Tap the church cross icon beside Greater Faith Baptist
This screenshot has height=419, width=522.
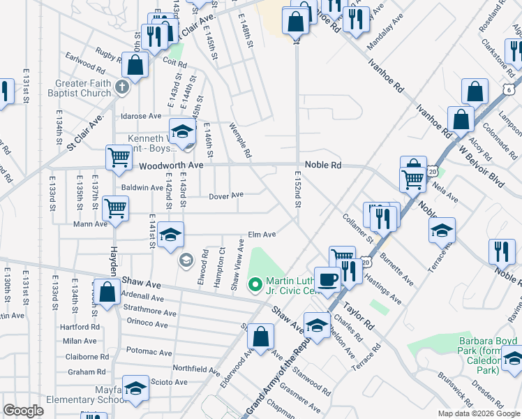coord(122,87)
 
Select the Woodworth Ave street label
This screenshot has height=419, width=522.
coord(170,166)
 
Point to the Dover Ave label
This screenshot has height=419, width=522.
coord(226,196)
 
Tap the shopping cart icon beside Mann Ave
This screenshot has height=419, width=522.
coord(115,207)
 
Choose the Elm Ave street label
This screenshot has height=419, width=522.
coord(262,235)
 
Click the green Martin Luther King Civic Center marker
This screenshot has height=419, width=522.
coord(255,284)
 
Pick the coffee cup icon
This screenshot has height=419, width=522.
coord(327,279)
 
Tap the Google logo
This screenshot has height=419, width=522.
coord(23,411)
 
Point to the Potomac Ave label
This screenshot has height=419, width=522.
coord(148,353)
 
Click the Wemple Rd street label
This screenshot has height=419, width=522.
coord(240,140)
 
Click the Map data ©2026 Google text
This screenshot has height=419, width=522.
coord(478,413)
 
